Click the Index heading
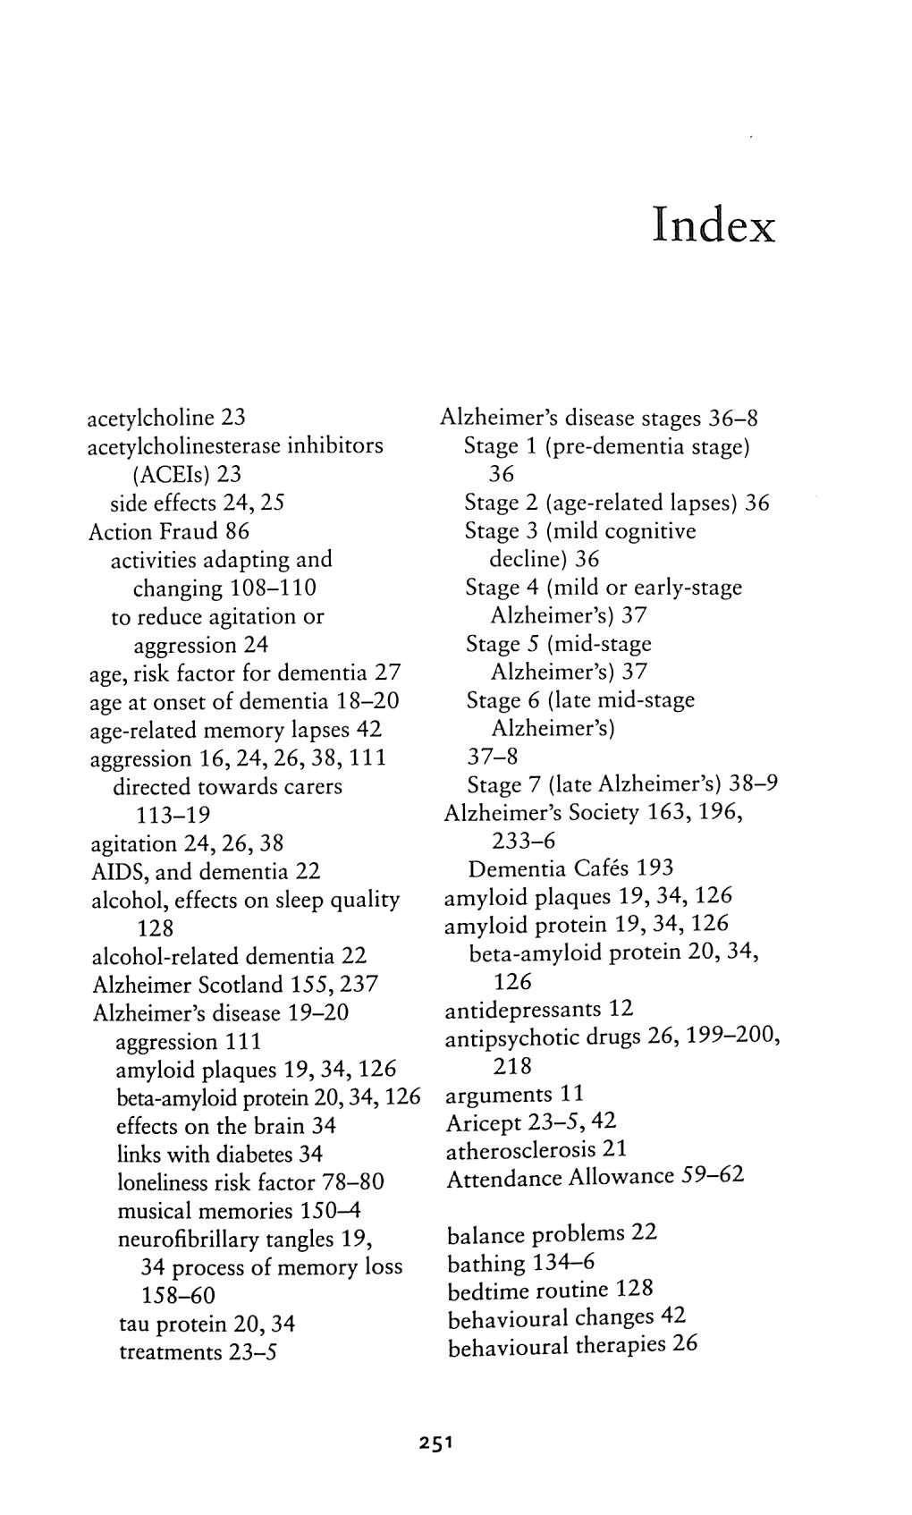pos(713,224)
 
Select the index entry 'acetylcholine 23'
pos(166,418)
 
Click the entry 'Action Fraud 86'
pos(168,531)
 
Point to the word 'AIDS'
pos(114,871)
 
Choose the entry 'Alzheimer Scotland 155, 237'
pos(235,985)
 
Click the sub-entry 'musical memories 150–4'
pos(239,1211)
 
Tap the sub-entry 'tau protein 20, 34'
pos(207,1324)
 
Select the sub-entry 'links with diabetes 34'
pos(220,1155)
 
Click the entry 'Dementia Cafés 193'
pos(570,868)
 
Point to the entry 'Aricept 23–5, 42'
pos(531,1121)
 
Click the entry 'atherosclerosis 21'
pos(536,1149)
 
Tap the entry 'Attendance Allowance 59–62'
pos(595,1177)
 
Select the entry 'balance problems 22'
pos(552,1234)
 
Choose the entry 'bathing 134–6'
pos(520,1263)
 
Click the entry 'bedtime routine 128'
pos(550,1291)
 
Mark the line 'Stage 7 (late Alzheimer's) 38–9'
pos(622,784)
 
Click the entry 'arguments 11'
pos(514,1094)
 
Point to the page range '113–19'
pos(173,816)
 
